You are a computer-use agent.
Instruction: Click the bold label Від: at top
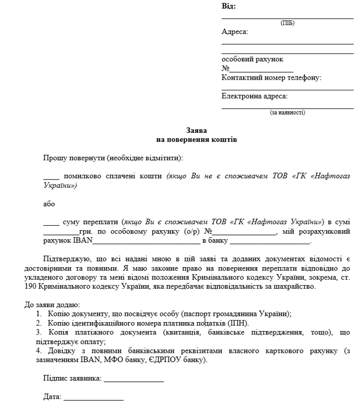tap(229, 7)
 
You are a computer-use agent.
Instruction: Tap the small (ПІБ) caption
tap(287, 23)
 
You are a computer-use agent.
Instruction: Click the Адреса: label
tap(235, 32)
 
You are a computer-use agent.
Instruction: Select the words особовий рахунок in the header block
tap(252, 59)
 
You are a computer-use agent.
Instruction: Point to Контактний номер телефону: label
tap(271, 78)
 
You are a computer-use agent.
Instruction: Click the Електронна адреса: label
tap(255, 96)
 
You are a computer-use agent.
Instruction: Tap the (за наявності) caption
tap(287, 113)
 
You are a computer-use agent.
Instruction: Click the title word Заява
tap(196, 131)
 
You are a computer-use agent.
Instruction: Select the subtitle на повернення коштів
tap(196, 139)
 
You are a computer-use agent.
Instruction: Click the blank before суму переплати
tap(51, 222)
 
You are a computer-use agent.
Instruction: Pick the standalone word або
tap(49, 204)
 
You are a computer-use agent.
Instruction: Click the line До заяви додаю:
tap(52, 305)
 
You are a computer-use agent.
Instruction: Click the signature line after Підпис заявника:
tap(134, 380)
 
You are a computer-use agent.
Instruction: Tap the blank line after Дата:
tap(94, 398)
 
